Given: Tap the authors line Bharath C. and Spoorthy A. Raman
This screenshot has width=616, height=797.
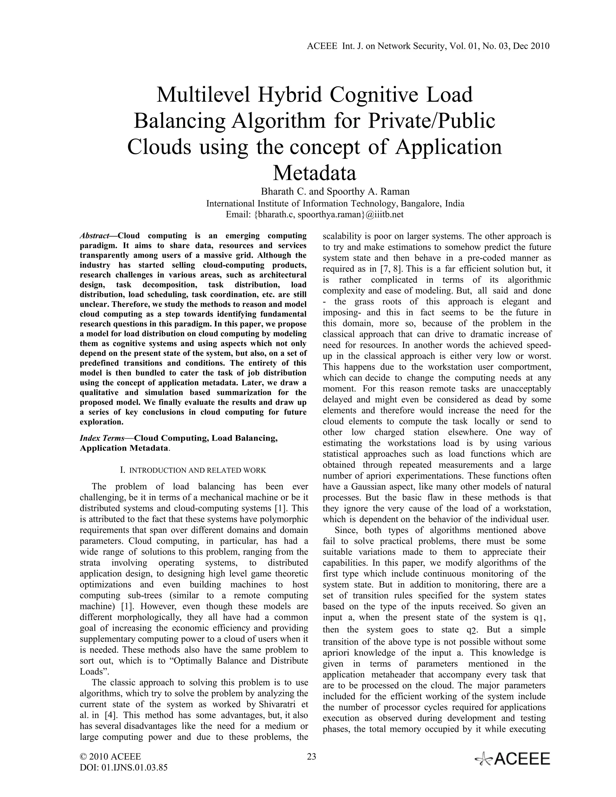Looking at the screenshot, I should (x=335, y=192).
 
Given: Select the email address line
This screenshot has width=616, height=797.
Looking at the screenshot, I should (x=315, y=214).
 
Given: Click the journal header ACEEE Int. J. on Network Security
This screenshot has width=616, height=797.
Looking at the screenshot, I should (x=428, y=46).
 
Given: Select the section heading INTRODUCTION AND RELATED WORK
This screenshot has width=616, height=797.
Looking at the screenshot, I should (x=197, y=470).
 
